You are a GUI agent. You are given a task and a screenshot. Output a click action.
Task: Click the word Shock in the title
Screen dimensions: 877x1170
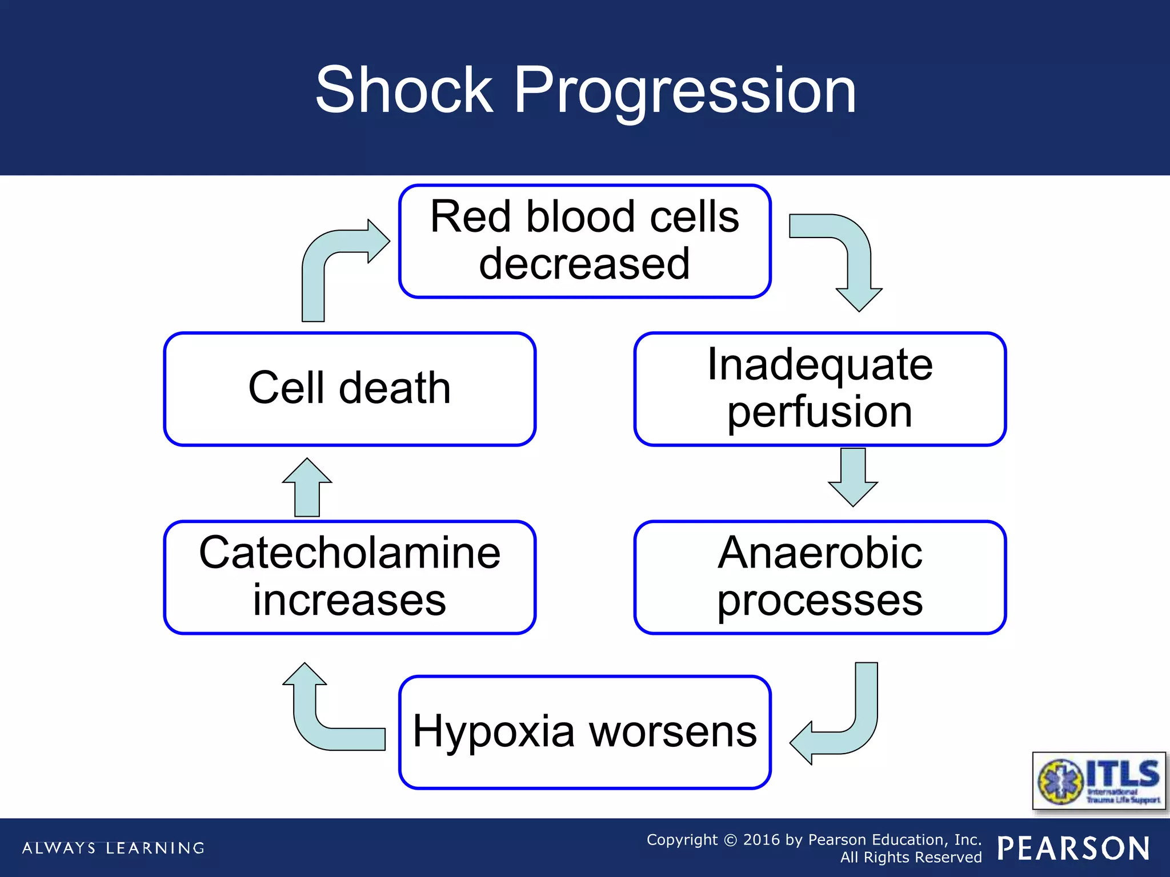tap(404, 90)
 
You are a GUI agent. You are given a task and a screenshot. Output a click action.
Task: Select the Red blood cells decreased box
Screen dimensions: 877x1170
tap(584, 240)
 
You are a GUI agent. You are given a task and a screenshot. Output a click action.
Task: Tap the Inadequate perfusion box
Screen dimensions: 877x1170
tap(819, 388)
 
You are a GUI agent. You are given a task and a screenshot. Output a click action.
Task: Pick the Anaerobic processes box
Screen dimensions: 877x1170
tap(819, 577)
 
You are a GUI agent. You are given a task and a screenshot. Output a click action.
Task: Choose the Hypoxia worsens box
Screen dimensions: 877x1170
tap(584, 732)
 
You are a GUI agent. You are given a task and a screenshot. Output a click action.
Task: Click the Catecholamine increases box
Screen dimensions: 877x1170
tap(350, 577)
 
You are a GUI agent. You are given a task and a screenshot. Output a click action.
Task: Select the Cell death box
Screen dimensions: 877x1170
tap(350, 388)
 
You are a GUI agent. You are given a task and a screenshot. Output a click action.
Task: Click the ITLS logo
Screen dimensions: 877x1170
tap(1098, 781)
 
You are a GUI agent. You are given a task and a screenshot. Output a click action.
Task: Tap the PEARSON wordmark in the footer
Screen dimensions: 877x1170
tap(1073, 848)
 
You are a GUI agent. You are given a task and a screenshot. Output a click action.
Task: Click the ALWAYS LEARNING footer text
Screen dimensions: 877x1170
tap(113, 848)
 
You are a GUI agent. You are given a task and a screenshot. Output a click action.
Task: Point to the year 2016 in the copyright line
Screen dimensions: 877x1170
tap(761, 840)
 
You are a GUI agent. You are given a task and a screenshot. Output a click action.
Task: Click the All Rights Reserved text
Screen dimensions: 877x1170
tap(911, 858)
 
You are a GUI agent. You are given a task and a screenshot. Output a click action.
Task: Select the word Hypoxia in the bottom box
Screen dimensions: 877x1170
tap(493, 732)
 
